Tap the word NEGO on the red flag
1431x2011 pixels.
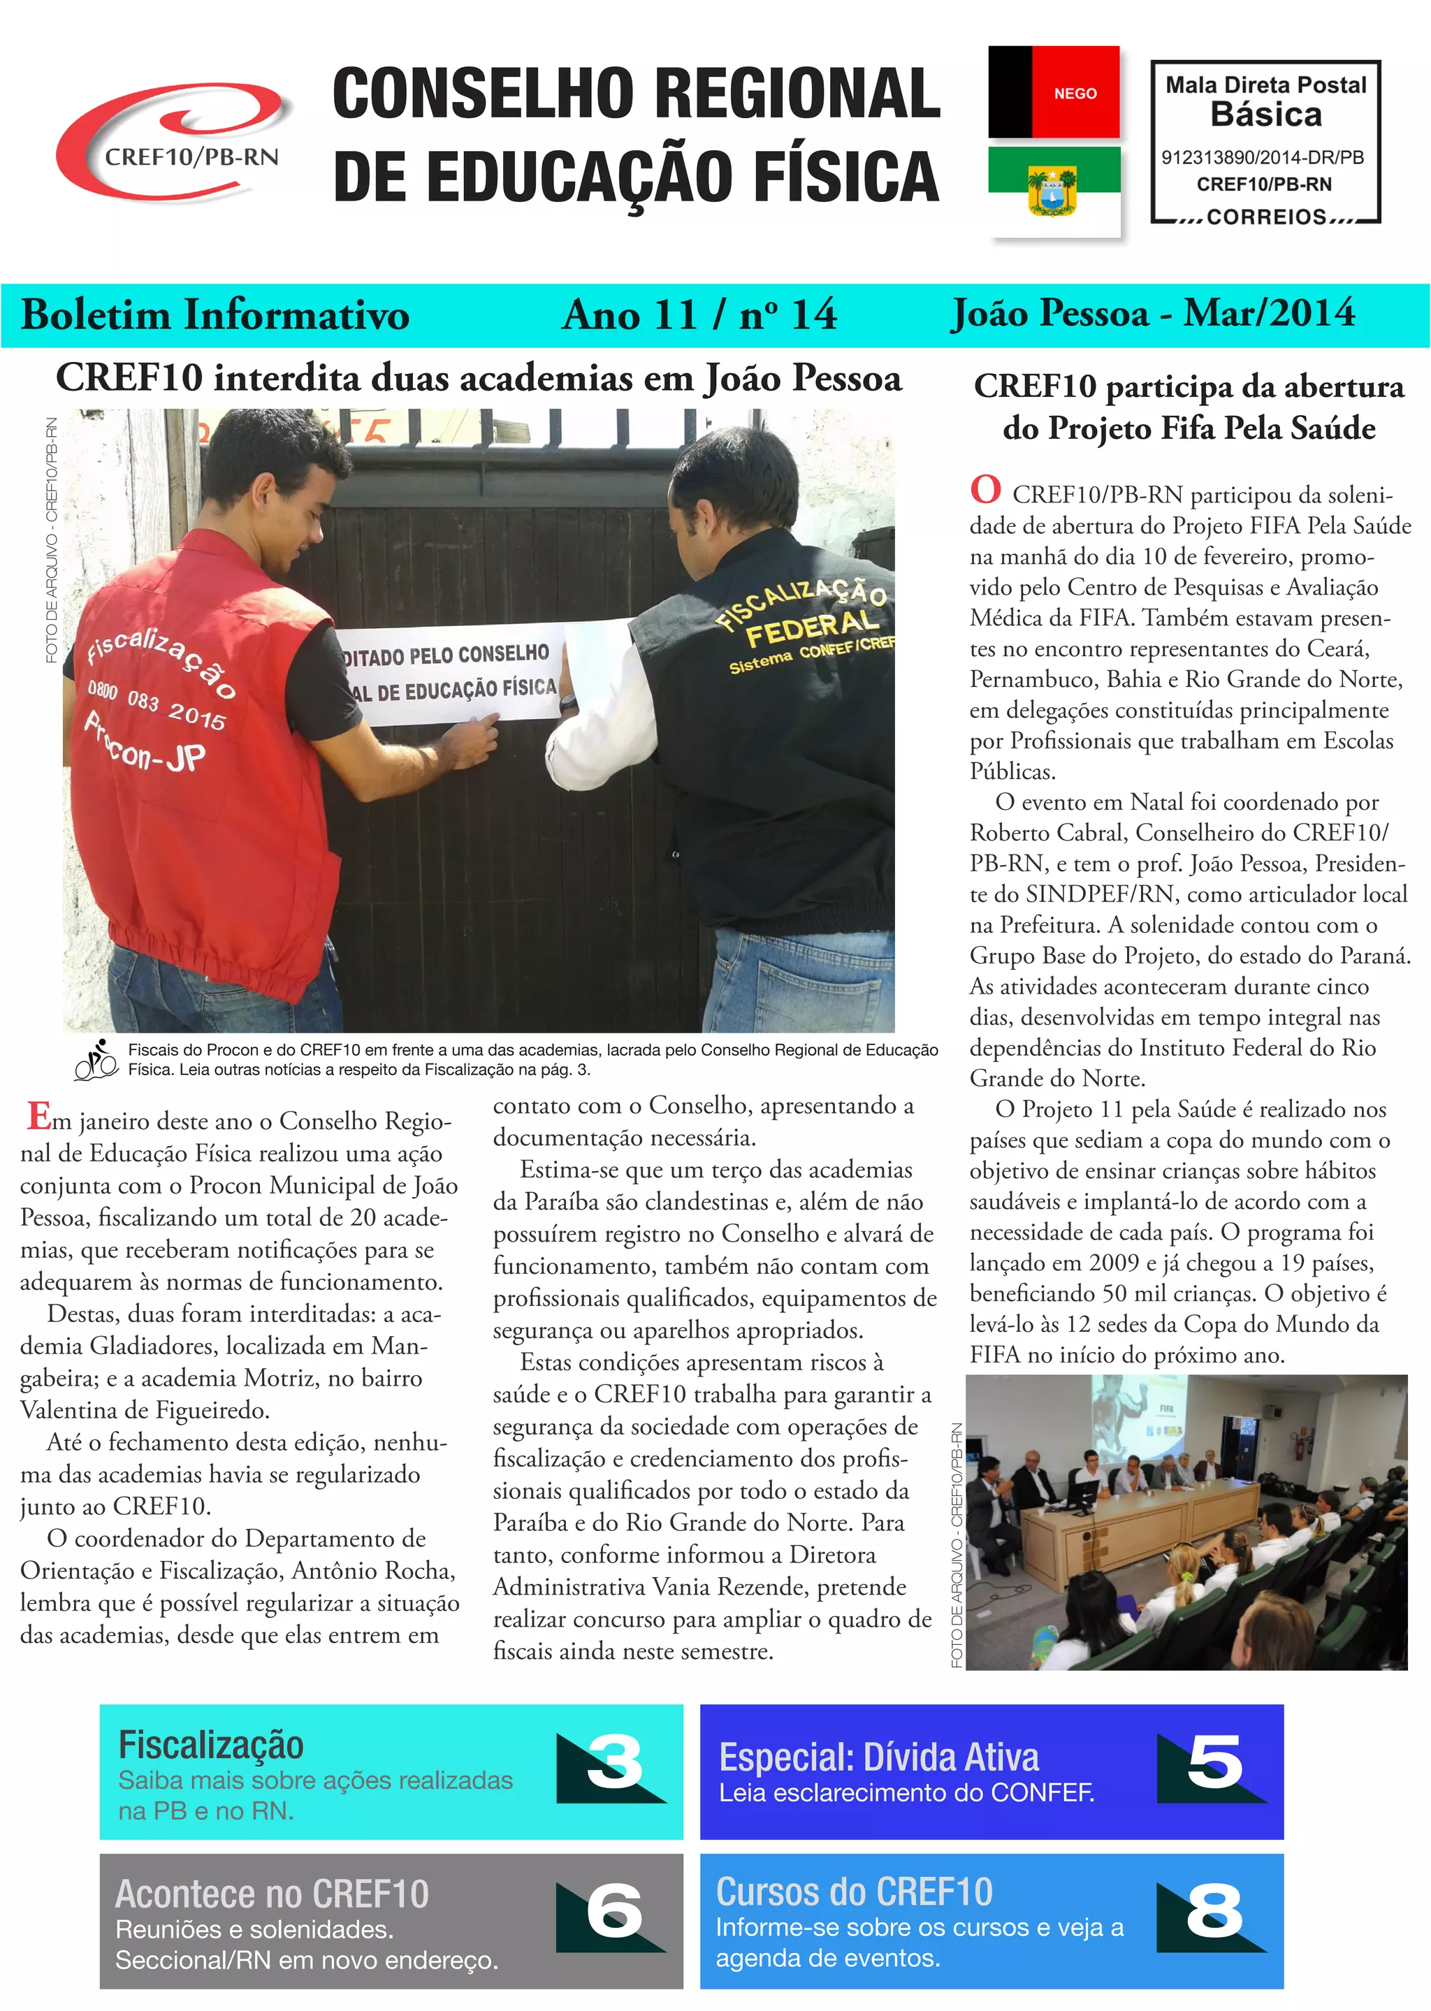(x=1075, y=94)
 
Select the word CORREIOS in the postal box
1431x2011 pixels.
(x=1266, y=217)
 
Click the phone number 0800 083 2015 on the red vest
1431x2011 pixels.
(x=157, y=708)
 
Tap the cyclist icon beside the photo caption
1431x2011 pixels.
(x=96, y=1059)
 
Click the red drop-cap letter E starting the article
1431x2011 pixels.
(x=38, y=1117)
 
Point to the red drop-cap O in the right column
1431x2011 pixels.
(x=985, y=490)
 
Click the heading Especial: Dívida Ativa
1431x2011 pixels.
(x=878, y=1757)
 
